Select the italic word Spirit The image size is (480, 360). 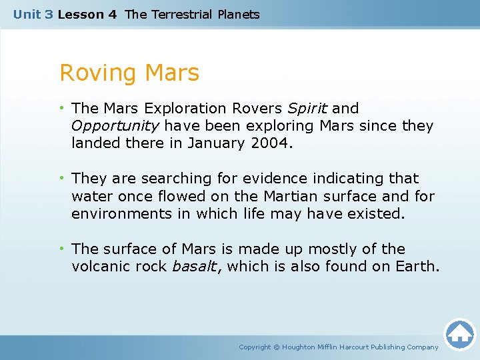[x=307, y=108]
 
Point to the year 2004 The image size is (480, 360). [x=272, y=143]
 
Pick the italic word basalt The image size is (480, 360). [x=193, y=267]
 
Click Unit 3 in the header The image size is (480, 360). [x=33, y=14]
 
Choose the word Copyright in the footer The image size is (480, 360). [x=255, y=347]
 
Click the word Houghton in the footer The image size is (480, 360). [x=303, y=347]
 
